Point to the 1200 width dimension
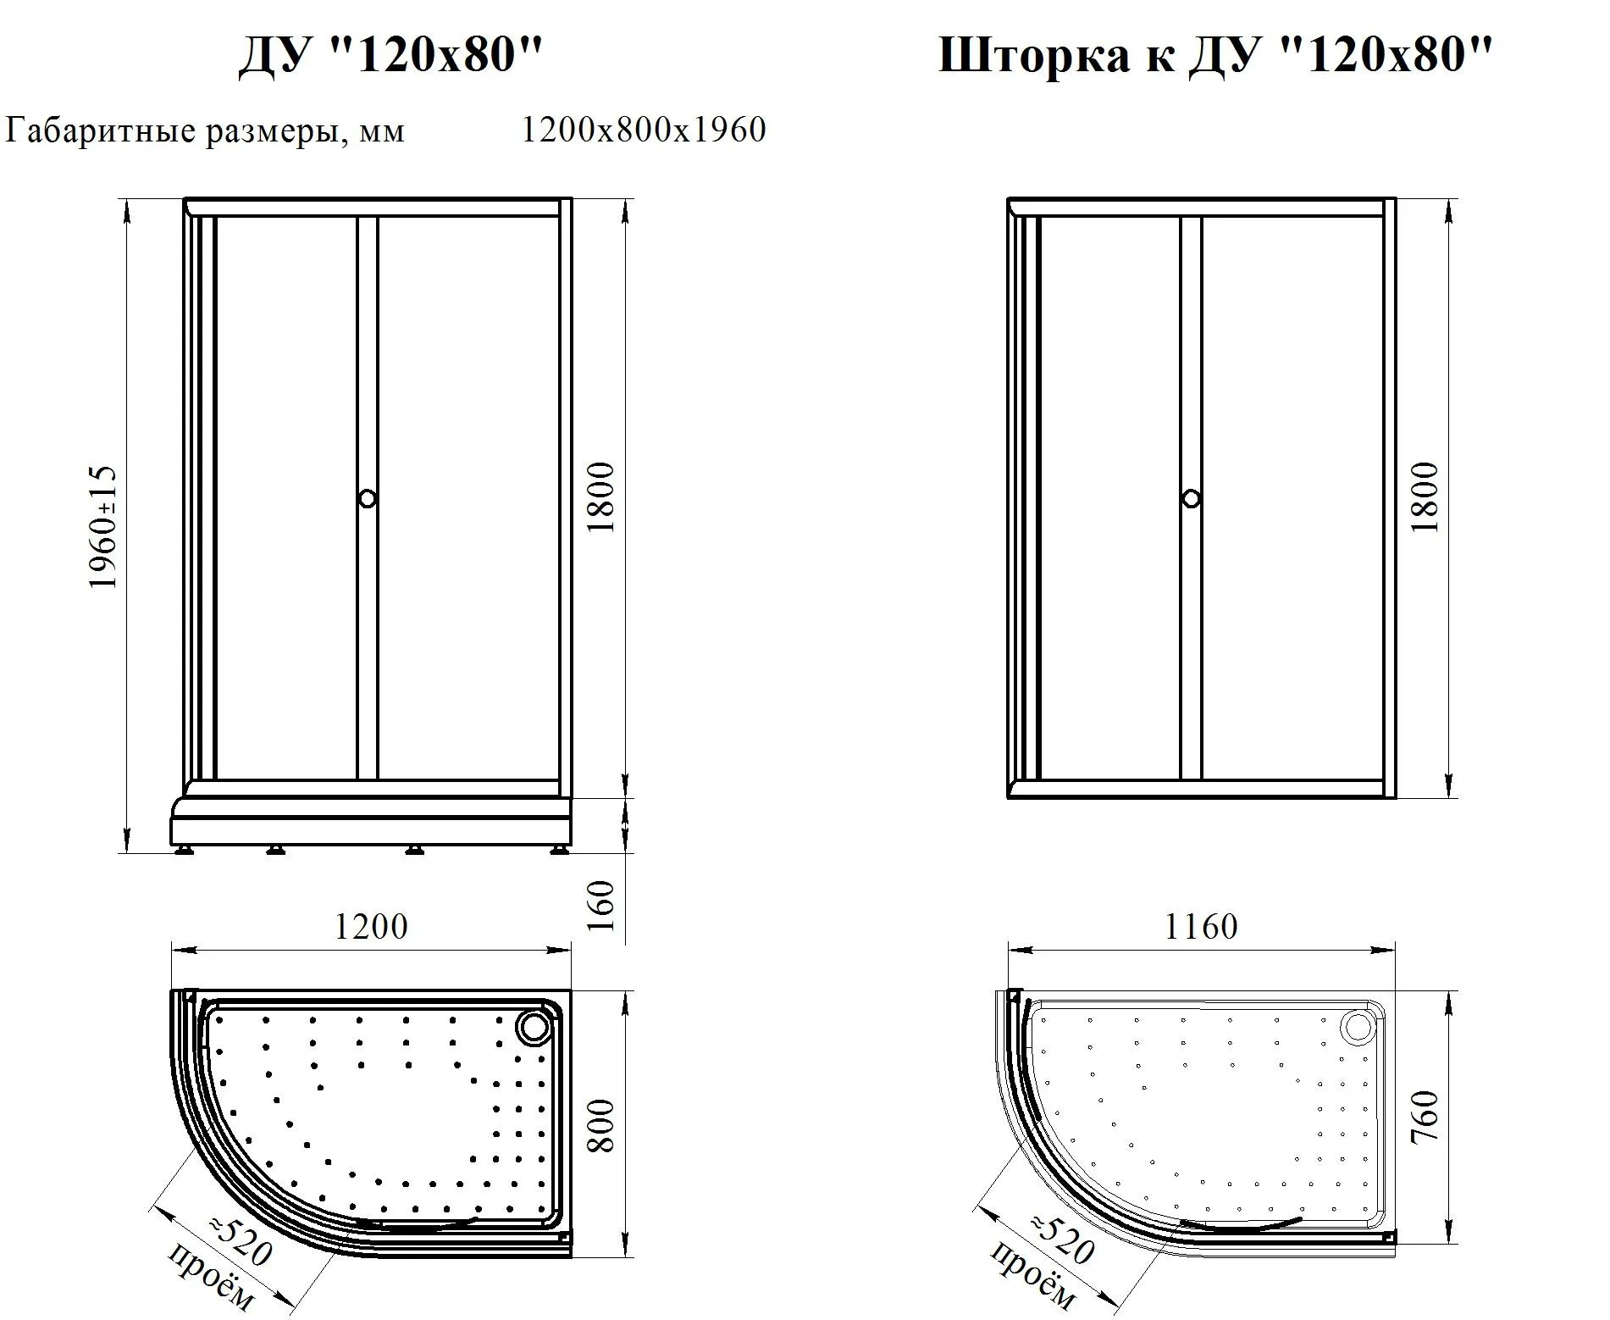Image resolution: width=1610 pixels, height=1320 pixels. click(x=371, y=926)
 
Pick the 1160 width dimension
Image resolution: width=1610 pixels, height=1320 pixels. click(x=1201, y=926)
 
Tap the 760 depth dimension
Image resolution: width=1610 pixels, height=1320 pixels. click(x=1425, y=1118)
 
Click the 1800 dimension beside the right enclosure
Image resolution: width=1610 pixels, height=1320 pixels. click(x=1425, y=496)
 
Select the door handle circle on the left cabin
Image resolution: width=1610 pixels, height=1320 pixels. click(x=367, y=498)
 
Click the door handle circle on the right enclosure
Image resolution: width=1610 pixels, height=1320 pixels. click(x=1191, y=498)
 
